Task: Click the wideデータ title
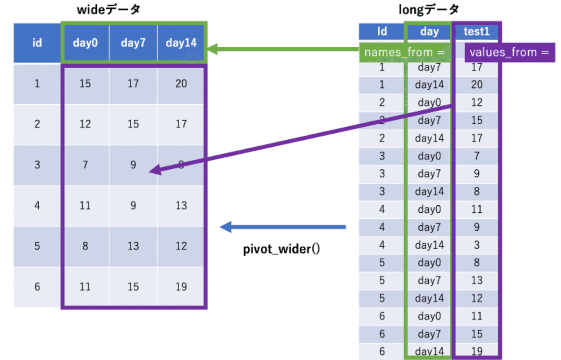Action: click(108, 10)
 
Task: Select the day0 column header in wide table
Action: click(85, 43)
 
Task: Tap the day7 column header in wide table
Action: click(133, 43)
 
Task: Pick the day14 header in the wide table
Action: click(181, 43)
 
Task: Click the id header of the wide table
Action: click(37, 43)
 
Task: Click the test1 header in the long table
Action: click(476, 31)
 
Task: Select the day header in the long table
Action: click(429, 31)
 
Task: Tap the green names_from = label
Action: click(404, 52)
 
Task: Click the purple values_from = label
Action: click(509, 52)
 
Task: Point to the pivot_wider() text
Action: click(281, 249)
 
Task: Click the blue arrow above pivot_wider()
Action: click(283, 228)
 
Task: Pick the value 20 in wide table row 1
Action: click(181, 84)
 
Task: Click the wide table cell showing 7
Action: click(85, 165)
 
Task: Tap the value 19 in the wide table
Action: click(181, 287)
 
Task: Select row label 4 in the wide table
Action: click(37, 206)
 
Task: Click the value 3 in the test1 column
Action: click(476, 245)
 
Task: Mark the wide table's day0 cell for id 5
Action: click(85, 246)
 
